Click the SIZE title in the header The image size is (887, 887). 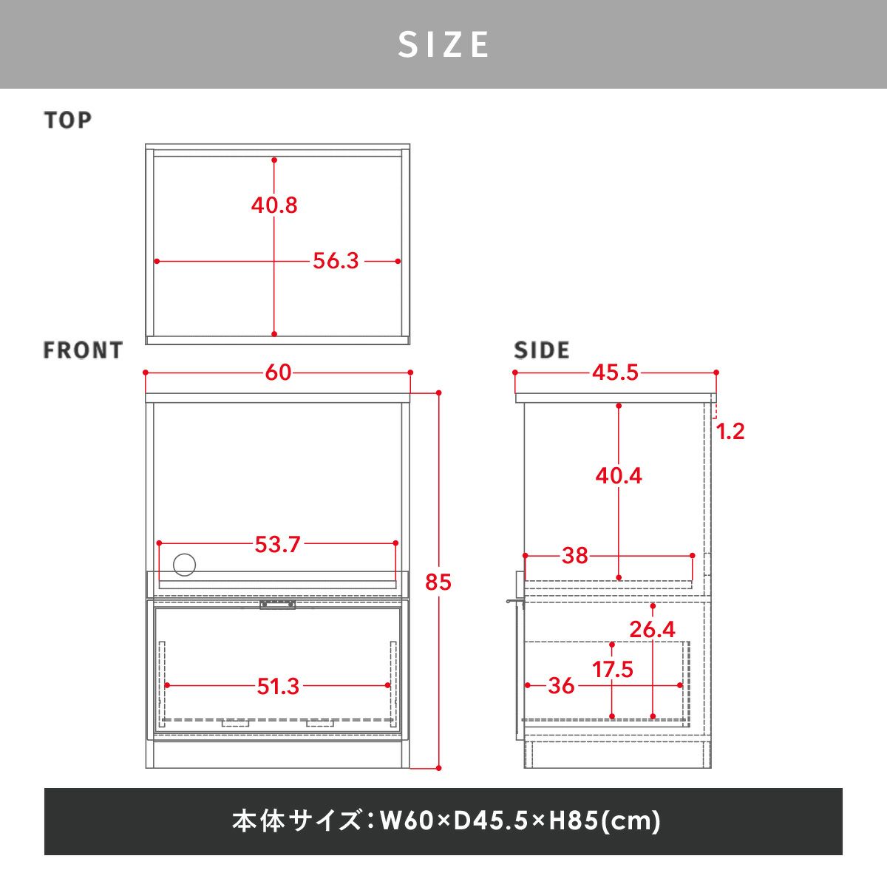click(x=443, y=44)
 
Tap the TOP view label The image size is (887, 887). click(x=68, y=120)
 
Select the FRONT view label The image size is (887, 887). click(x=83, y=350)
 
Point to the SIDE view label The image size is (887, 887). click(x=542, y=350)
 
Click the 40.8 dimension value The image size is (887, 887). click(x=274, y=205)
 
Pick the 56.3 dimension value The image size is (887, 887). click(x=336, y=261)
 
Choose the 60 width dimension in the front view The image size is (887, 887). click(x=278, y=373)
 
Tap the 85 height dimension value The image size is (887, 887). click(x=438, y=582)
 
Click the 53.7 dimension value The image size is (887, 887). click(x=277, y=545)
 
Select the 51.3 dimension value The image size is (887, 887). click(x=278, y=687)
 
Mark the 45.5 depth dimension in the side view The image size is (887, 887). click(x=616, y=373)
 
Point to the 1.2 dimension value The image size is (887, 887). click(x=730, y=431)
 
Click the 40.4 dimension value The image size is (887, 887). click(x=619, y=475)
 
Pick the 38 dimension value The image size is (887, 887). click(x=575, y=556)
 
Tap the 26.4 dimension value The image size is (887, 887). click(x=652, y=630)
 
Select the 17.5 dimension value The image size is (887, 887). click(x=612, y=669)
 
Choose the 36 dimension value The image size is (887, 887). click(x=561, y=686)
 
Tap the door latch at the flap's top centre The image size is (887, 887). click(x=278, y=605)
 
